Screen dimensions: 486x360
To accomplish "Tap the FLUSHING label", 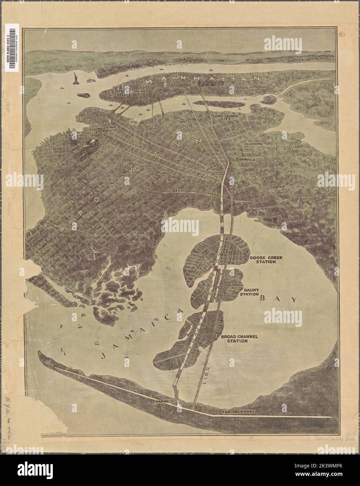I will pos(254,144).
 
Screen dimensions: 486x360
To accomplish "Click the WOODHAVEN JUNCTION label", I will pos(216,174).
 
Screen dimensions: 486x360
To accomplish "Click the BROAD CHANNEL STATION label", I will pos(239,338).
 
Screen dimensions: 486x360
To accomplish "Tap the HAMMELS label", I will pos(164,402).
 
